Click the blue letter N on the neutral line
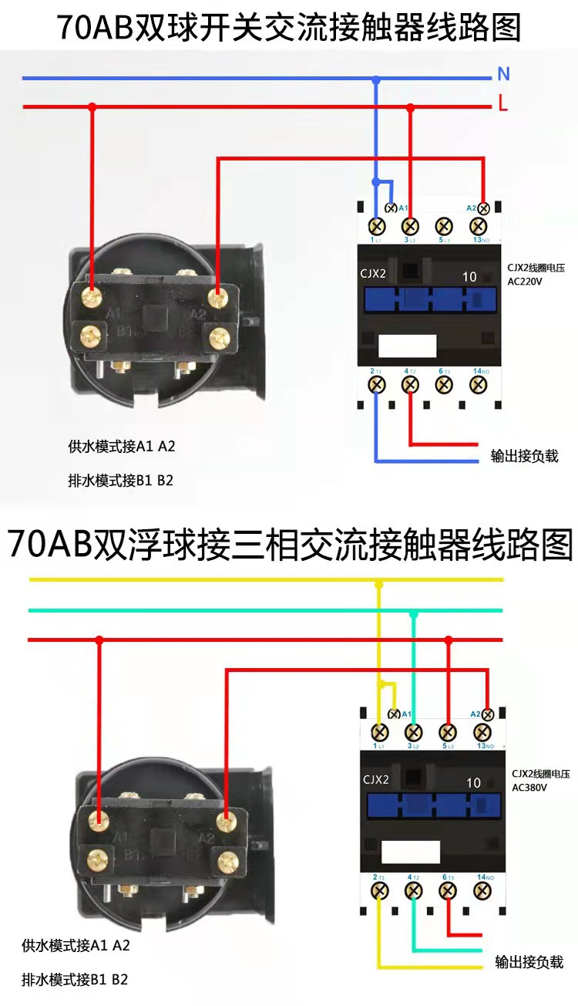click(x=503, y=74)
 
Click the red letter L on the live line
click(x=503, y=104)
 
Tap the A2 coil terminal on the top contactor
click(x=483, y=208)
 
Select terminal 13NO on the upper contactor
click(x=478, y=226)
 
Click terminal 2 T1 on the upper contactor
click(x=377, y=383)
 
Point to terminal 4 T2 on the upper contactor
click(x=411, y=383)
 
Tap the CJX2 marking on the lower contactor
click(x=376, y=779)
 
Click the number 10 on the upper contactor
click(x=469, y=277)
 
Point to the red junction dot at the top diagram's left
click(x=92, y=107)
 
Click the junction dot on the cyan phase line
click(x=414, y=613)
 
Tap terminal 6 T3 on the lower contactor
click(x=447, y=890)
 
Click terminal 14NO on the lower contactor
click(x=482, y=890)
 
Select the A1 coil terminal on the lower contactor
click(x=394, y=714)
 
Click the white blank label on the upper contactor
click(x=406, y=345)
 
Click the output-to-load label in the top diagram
click(x=524, y=455)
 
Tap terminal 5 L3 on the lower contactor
click(x=447, y=731)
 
